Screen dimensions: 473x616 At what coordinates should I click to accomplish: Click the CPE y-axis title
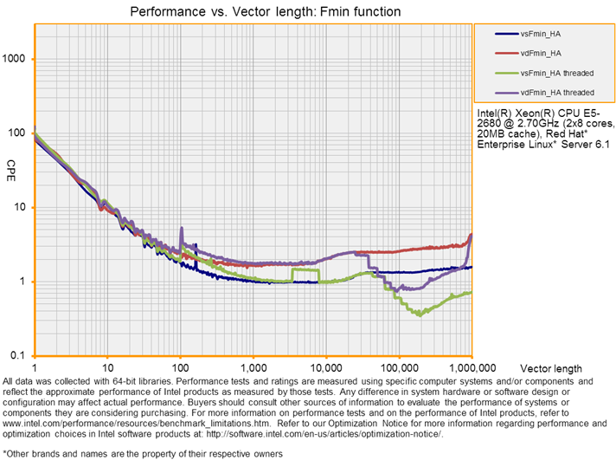11,165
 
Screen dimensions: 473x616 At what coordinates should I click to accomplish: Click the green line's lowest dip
420,314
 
